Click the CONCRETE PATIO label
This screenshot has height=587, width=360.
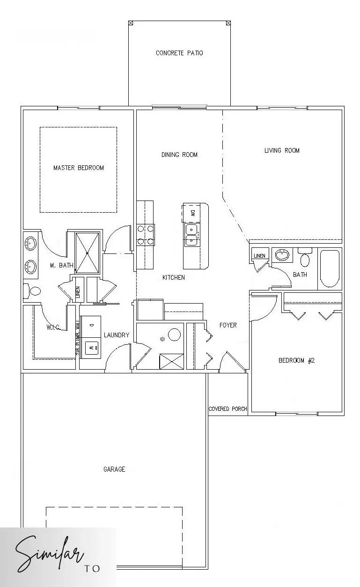click(179, 53)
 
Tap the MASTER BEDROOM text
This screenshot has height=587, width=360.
click(79, 168)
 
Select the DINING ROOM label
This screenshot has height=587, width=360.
click(179, 155)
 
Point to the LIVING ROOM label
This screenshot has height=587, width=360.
click(282, 150)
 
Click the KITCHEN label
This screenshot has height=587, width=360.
click(173, 277)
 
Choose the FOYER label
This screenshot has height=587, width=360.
click(228, 325)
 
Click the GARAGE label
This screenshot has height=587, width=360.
click(114, 469)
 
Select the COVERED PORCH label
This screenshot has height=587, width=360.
click(228, 409)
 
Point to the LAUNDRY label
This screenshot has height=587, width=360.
click(116, 335)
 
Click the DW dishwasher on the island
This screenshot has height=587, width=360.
click(192, 213)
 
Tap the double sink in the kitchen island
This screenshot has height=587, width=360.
click(191, 235)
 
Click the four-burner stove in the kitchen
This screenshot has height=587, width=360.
click(145, 235)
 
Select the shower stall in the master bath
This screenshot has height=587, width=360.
click(88, 252)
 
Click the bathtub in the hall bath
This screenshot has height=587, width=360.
click(329, 269)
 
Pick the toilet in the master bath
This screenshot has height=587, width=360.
click(33, 291)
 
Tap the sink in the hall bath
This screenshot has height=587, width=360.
click(282, 255)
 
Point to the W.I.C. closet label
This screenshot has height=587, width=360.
click(52, 327)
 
